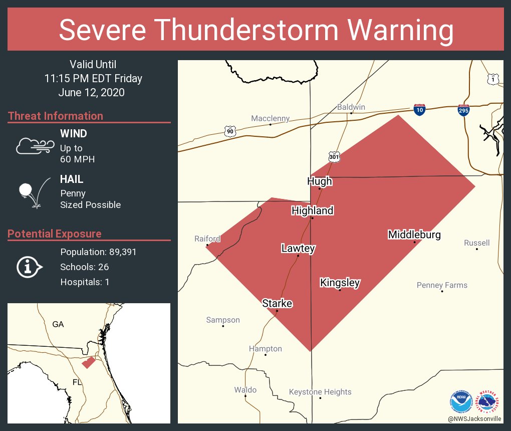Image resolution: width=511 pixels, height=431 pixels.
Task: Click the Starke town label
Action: [x=277, y=303]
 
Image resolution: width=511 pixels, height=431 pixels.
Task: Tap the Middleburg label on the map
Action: [x=414, y=235]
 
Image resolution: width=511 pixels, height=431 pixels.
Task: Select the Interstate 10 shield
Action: [x=420, y=110]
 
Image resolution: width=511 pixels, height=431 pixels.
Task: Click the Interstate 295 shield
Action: [x=463, y=110]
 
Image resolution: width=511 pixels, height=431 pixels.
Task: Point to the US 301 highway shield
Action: [x=334, y=157]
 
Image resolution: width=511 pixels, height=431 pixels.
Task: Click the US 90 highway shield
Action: [x=230, y=131]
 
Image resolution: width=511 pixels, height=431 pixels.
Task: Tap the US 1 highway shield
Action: [x=493, y=79]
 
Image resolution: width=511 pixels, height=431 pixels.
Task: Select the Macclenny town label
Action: [x=271, y=118]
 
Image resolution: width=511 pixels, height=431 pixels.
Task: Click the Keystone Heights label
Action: [x=320, y=392]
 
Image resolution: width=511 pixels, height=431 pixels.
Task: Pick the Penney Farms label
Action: [x=442, y=285]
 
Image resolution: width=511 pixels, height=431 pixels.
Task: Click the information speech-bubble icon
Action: [x=30, y=267]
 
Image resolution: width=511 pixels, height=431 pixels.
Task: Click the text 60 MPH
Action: [x=77, y=159]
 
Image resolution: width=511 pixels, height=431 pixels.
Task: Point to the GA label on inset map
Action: [x=58, y=324]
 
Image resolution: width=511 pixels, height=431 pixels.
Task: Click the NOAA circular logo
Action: [x=461, y=401]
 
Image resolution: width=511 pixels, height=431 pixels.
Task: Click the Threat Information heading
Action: [x=55, y=116]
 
